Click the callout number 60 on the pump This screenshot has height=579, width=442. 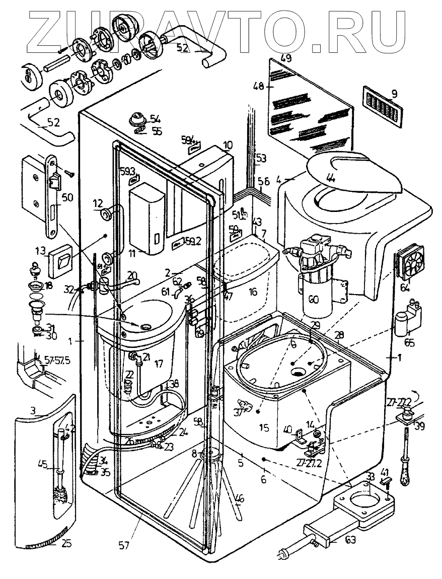click(x=313, y=300)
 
